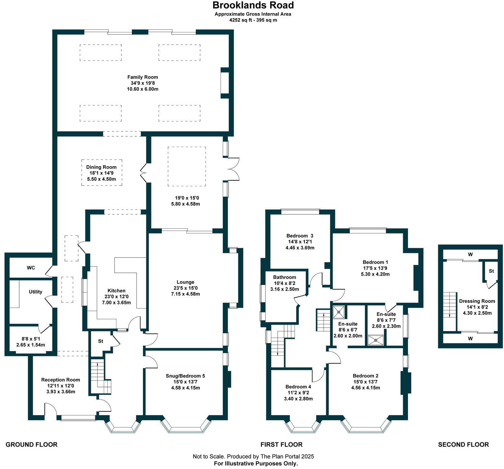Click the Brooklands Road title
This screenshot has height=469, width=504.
[x=253, y=5]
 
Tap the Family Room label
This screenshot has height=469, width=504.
[x=143, y=77]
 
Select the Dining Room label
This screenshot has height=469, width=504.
[x=101, y=167]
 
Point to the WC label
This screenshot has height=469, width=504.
[x=31, y=268]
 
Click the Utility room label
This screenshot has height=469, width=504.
[x=35, y=292]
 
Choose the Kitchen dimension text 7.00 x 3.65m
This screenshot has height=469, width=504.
[x=116, y=303]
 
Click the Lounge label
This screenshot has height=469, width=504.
[x=186, y=282]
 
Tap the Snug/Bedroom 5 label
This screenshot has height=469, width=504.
[x=186, y=376]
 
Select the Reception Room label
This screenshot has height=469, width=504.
[x=61, y=380]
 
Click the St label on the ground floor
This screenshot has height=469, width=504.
[x=101, y=341]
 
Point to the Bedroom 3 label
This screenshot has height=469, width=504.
[x=300, y=236]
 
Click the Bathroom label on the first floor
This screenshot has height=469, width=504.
[x=284, y=277]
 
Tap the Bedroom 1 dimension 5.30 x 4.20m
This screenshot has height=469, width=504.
[x=375, y=274]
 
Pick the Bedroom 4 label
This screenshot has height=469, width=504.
[x=298, y=387]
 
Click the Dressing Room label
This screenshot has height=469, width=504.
[x=477, y=301]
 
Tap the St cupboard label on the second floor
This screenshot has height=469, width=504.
[x=491, y=271]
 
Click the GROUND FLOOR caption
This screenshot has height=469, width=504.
[x=31, y=445]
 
